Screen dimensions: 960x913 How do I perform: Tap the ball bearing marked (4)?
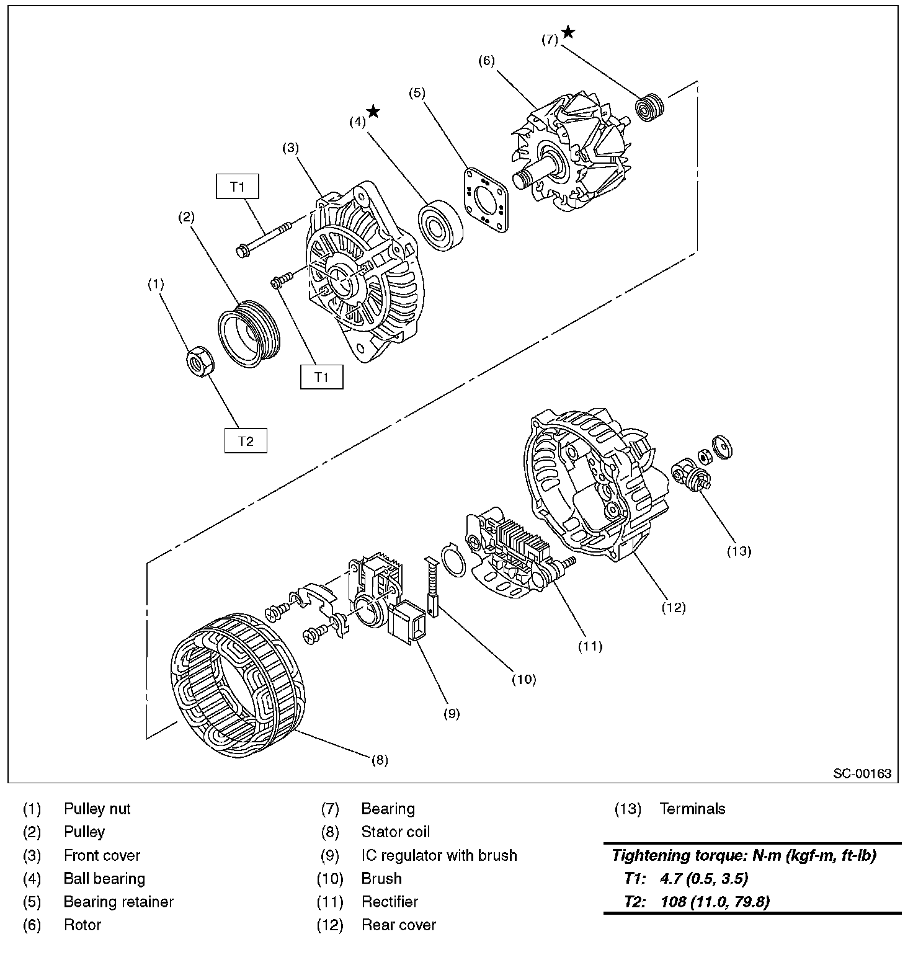440,226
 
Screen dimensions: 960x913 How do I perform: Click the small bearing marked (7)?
649,107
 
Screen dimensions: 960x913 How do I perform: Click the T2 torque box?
246,441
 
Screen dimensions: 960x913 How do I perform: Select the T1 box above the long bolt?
238,187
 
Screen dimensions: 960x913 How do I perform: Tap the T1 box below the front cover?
321,377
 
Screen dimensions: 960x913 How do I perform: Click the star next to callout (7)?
568,32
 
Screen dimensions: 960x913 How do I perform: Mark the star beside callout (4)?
373,112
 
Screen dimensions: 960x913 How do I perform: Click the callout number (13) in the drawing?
739,551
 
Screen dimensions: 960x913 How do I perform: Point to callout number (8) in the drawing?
380,760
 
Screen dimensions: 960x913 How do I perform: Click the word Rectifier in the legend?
390,902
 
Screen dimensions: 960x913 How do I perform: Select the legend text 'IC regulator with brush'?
439,855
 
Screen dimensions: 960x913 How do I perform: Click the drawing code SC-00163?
862,773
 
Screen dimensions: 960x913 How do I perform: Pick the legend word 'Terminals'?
692,809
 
